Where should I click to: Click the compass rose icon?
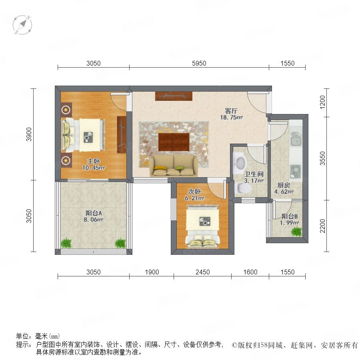(x=22, y=25)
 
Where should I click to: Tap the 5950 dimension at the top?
(x=199, y=63)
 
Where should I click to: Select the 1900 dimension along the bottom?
(x=152, y=272)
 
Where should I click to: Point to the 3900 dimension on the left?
(x=29, y=134)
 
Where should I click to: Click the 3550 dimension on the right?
(x=322, y=158)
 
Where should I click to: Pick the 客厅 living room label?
(x=231, y=111)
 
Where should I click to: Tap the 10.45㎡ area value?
(x=94, y=168)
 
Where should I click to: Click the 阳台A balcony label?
(x=94, y=213)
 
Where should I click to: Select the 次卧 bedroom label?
(x=194, y=192)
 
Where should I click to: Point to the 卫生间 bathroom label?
(x=254, y=174)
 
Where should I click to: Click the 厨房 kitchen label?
(x=284, y=185)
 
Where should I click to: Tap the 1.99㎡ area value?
(x=289, y=223)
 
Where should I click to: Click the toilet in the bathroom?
(x=243, y=188)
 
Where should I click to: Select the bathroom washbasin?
(x=240, y=162)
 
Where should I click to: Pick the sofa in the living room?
(x=174, y=166)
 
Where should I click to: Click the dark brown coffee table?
(x=174, y=142)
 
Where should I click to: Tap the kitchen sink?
(x=296, y=139)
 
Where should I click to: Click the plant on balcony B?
(x=296, y=232)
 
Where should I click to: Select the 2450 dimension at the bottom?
(x=202, y=272)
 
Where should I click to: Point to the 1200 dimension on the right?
(x=322, y=102)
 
